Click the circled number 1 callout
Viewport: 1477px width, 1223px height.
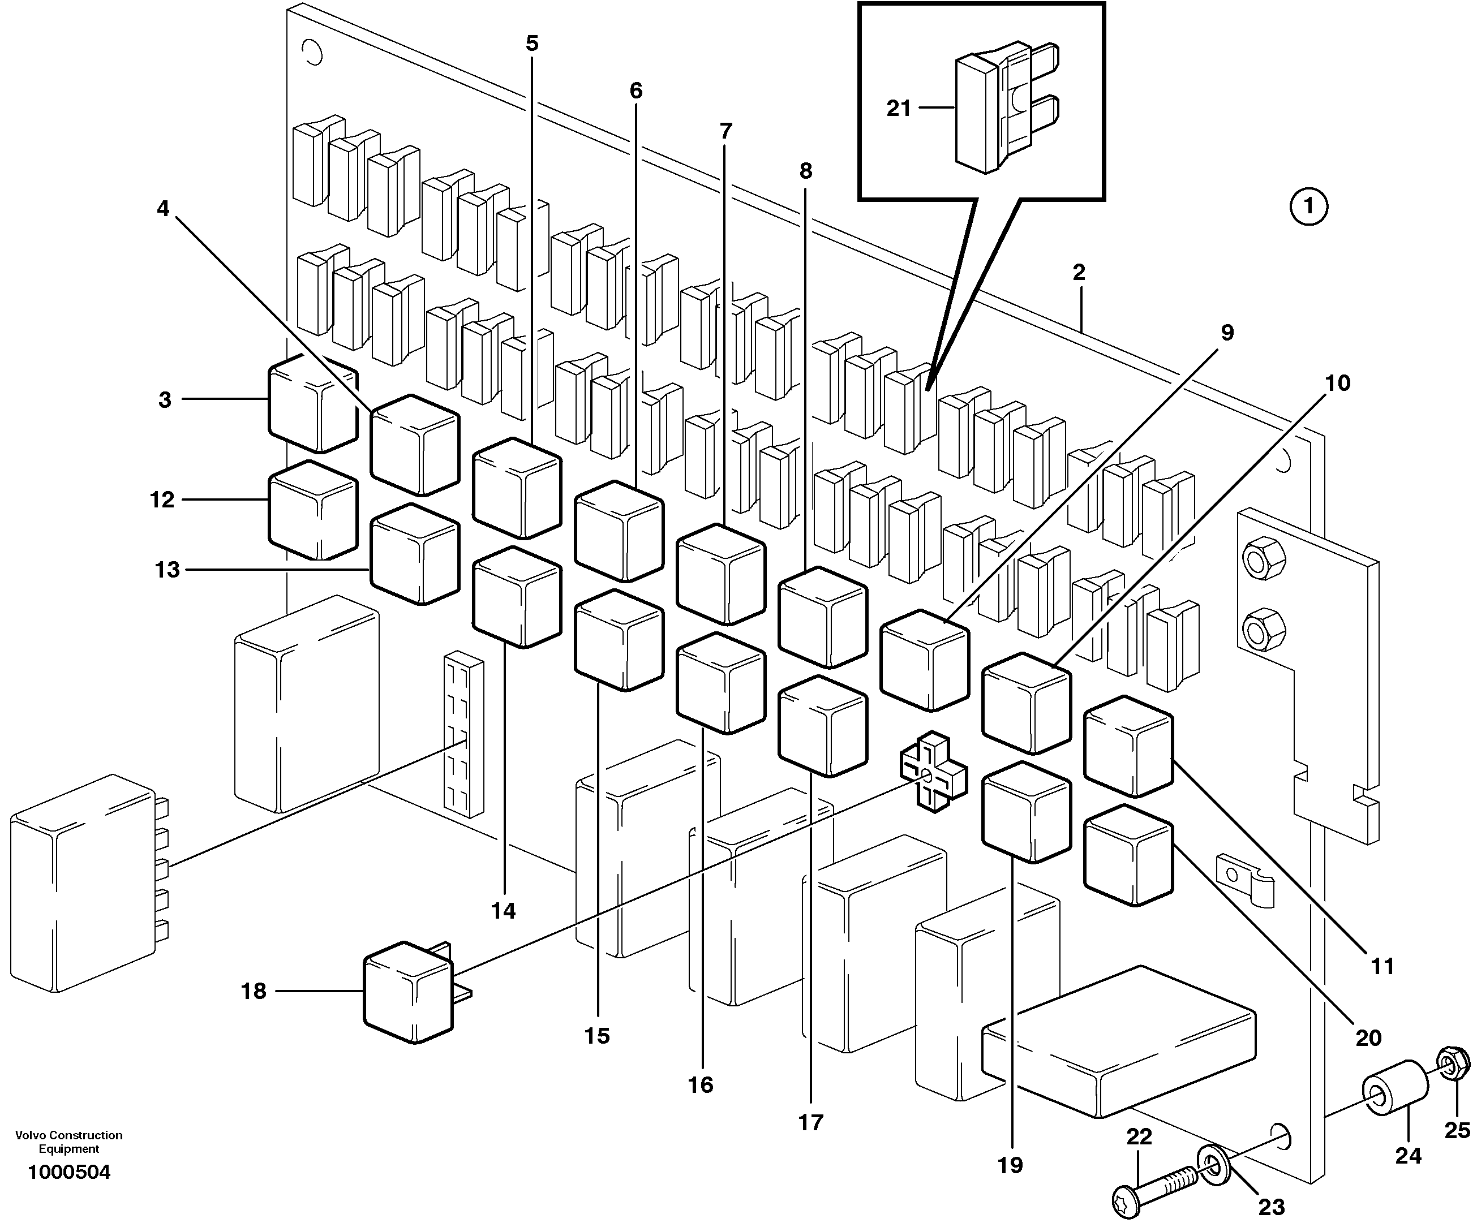[x=1309, y=206]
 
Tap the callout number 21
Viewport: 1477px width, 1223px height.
[x=898, y=109]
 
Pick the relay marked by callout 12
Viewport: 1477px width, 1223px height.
[x=313, y=511]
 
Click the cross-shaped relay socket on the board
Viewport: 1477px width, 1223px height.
[x=933, y=772]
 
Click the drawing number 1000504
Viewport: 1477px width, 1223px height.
[x=69, y=1173]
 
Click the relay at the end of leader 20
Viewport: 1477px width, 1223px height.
[x=1128, y=855]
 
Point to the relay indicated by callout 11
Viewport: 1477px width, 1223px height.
[x=1128, y=747]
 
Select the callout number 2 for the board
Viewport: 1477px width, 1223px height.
[x=1079, y=272]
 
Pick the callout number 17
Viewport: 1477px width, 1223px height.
[x=810, y=1122]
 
